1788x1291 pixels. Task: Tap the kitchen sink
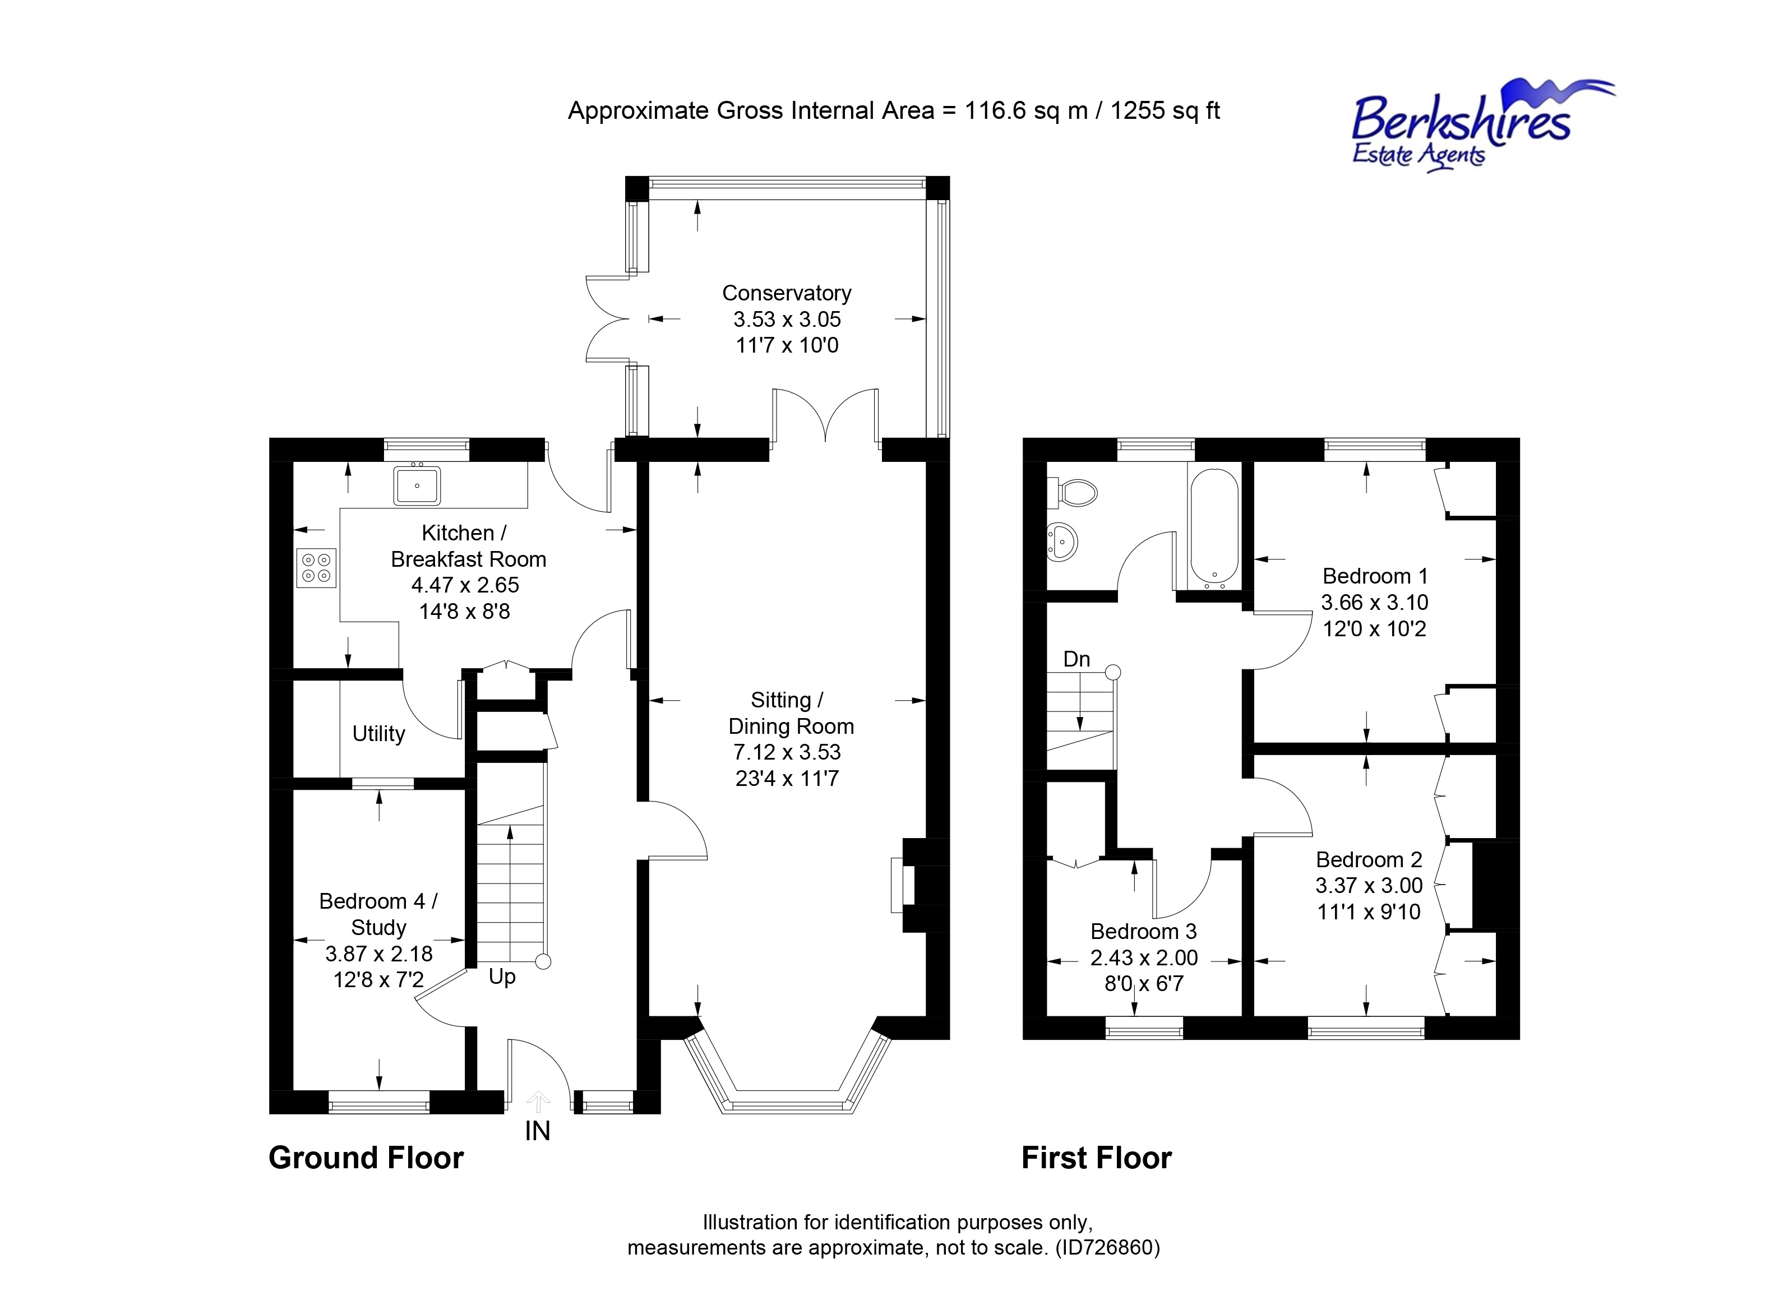[416, 485]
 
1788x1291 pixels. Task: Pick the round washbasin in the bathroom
[1062, 542]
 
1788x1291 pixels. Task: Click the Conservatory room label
[787, 293]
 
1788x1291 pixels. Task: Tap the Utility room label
[378, 734]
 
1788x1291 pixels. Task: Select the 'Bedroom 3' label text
[1143, 932]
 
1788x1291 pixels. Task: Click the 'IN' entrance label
[538, 1132]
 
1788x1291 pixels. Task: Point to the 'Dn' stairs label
[1076, 659]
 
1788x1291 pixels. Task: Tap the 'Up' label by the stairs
[502, 977]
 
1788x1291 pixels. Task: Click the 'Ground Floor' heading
[366, 1158]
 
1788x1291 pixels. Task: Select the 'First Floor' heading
[1096, 1158]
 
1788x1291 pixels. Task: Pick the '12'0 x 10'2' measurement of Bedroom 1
[1374, 629]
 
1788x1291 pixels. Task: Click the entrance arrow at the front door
[538, 1101]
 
